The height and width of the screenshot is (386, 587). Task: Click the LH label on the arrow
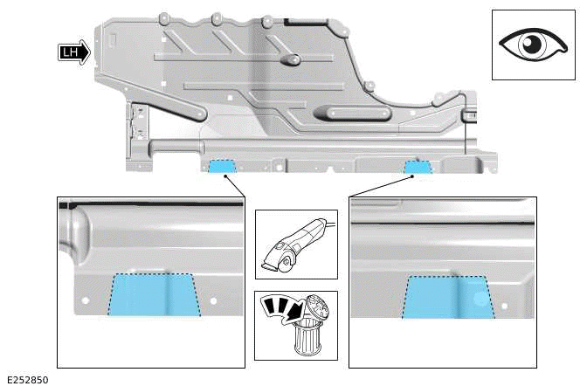(70, 52)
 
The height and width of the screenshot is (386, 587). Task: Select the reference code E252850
(27, 380)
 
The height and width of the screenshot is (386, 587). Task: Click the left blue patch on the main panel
(220, 166)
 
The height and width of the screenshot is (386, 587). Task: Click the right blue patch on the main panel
(418, 166)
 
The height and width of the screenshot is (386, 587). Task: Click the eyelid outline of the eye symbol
(532, 29)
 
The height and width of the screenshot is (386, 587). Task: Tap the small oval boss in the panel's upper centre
(290, 59)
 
